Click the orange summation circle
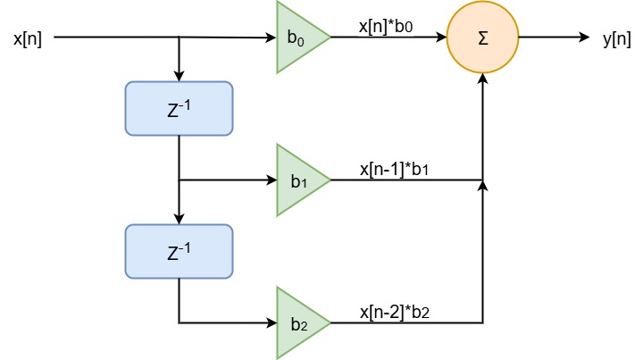coord(483,38)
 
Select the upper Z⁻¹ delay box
coord(179,108)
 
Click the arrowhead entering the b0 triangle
coord(271,38)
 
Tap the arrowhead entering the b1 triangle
coord(271,180)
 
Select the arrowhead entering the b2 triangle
coord(271,322)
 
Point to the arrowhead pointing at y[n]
coord(582,38)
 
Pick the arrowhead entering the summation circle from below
coord(483,79)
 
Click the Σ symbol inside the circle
coord(483,38)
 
